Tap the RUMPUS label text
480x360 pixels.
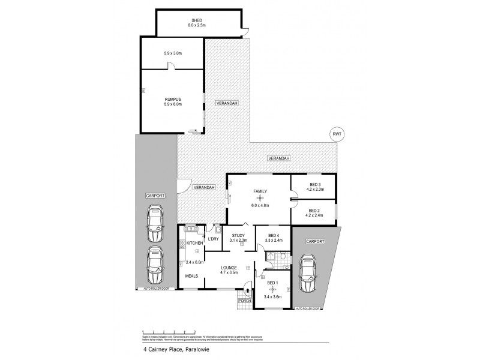pos(172,98)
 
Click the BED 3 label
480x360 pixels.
pos(314,185)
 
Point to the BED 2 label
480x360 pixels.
pos(314,210)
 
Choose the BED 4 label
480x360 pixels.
pos(273,235)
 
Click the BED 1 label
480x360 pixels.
pos(272,283)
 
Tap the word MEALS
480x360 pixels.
pos(193,277)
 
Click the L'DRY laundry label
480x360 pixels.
pos(213,239)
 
